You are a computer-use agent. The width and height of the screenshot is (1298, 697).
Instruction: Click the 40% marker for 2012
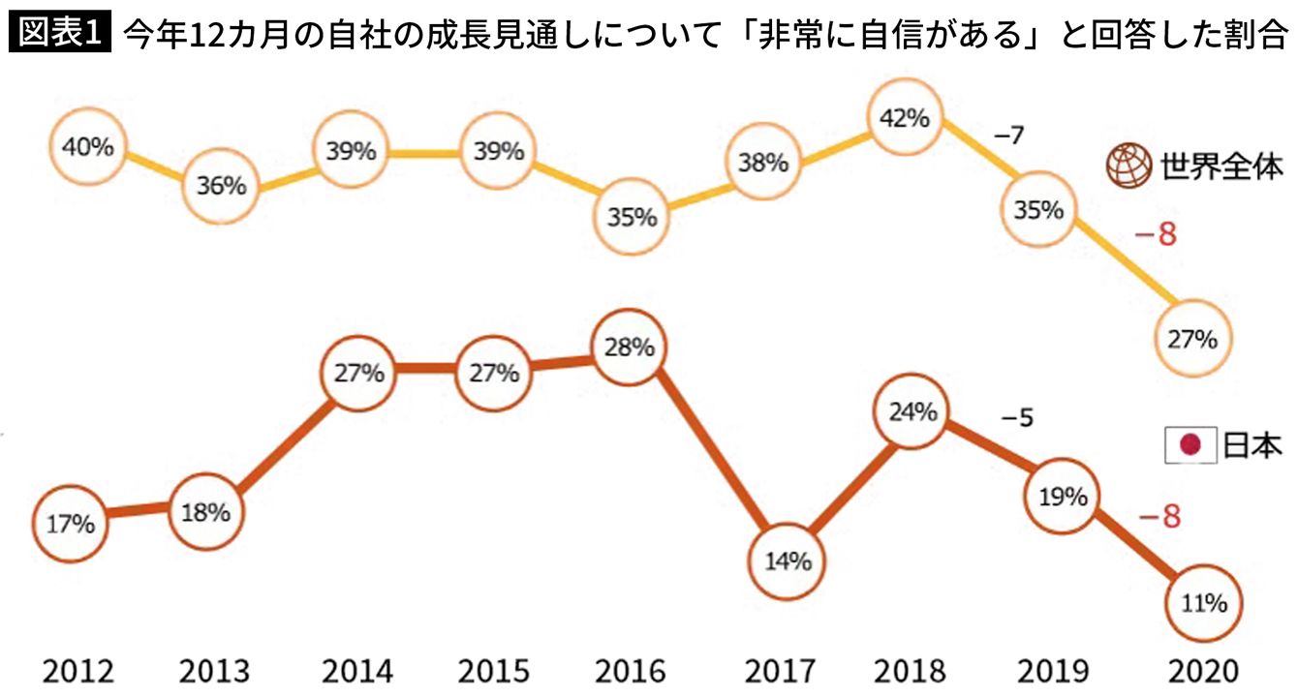tap(87, 148)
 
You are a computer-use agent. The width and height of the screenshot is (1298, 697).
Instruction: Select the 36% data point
tap(220, 186)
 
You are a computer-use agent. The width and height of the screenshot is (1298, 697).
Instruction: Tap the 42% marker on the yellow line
tap(905, 119)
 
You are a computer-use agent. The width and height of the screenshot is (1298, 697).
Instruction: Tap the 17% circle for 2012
tap(70, 524)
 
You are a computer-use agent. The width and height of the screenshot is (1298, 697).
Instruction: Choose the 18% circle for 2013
tap(205, 512)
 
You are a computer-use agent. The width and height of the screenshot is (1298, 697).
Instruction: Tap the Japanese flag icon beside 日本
tap(1190, 447)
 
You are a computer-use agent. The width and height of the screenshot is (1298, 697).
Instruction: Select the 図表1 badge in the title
tap(60, 35)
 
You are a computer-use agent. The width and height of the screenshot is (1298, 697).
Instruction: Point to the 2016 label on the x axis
tap(630, 671)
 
